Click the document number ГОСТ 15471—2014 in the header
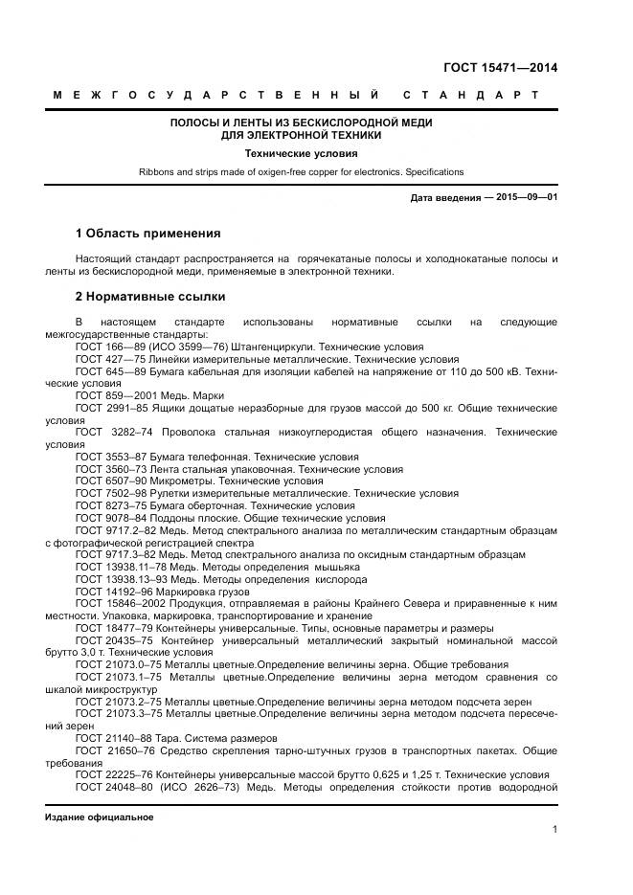pyautogui.click(x=500, y=67)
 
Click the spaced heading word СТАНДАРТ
pyautogui.click(x=470, y=96)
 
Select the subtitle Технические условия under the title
pyautogui.click(x=301, y=152)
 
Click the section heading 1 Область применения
pyautogui.click(x=147, y=233)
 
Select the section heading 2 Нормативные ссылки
pyautogui.click(x=149, y=297)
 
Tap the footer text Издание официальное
pyautogui.click(x=99, y=817)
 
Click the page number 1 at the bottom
pyautogui.click(x=554, y=830)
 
